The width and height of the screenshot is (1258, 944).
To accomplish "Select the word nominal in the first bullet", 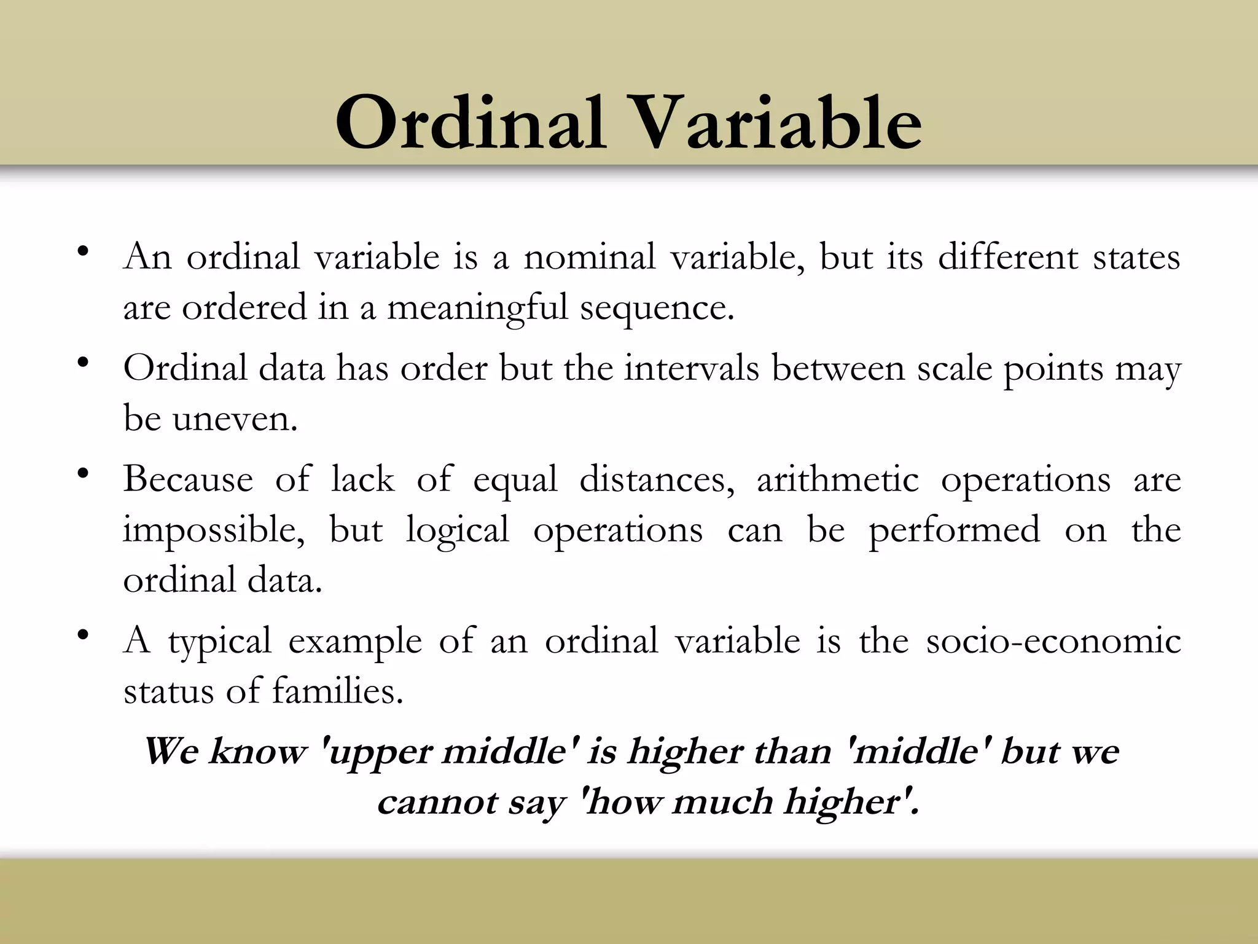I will [589, 257].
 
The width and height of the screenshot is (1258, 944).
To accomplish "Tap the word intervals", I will [692, 369].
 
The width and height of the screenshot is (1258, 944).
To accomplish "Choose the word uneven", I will [235, 420].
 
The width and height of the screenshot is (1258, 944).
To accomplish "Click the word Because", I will [188, 479].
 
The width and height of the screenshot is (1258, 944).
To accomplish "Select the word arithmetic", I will [838, 479].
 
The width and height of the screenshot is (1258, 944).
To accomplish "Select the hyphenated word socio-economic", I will [1053, 641].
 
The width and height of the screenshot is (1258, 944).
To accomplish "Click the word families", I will [337, 691].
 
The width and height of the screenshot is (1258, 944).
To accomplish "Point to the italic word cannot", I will [436, 803].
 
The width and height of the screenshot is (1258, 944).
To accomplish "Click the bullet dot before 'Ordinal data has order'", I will [83, 362].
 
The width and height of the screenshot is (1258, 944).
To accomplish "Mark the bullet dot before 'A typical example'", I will [83, 635].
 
